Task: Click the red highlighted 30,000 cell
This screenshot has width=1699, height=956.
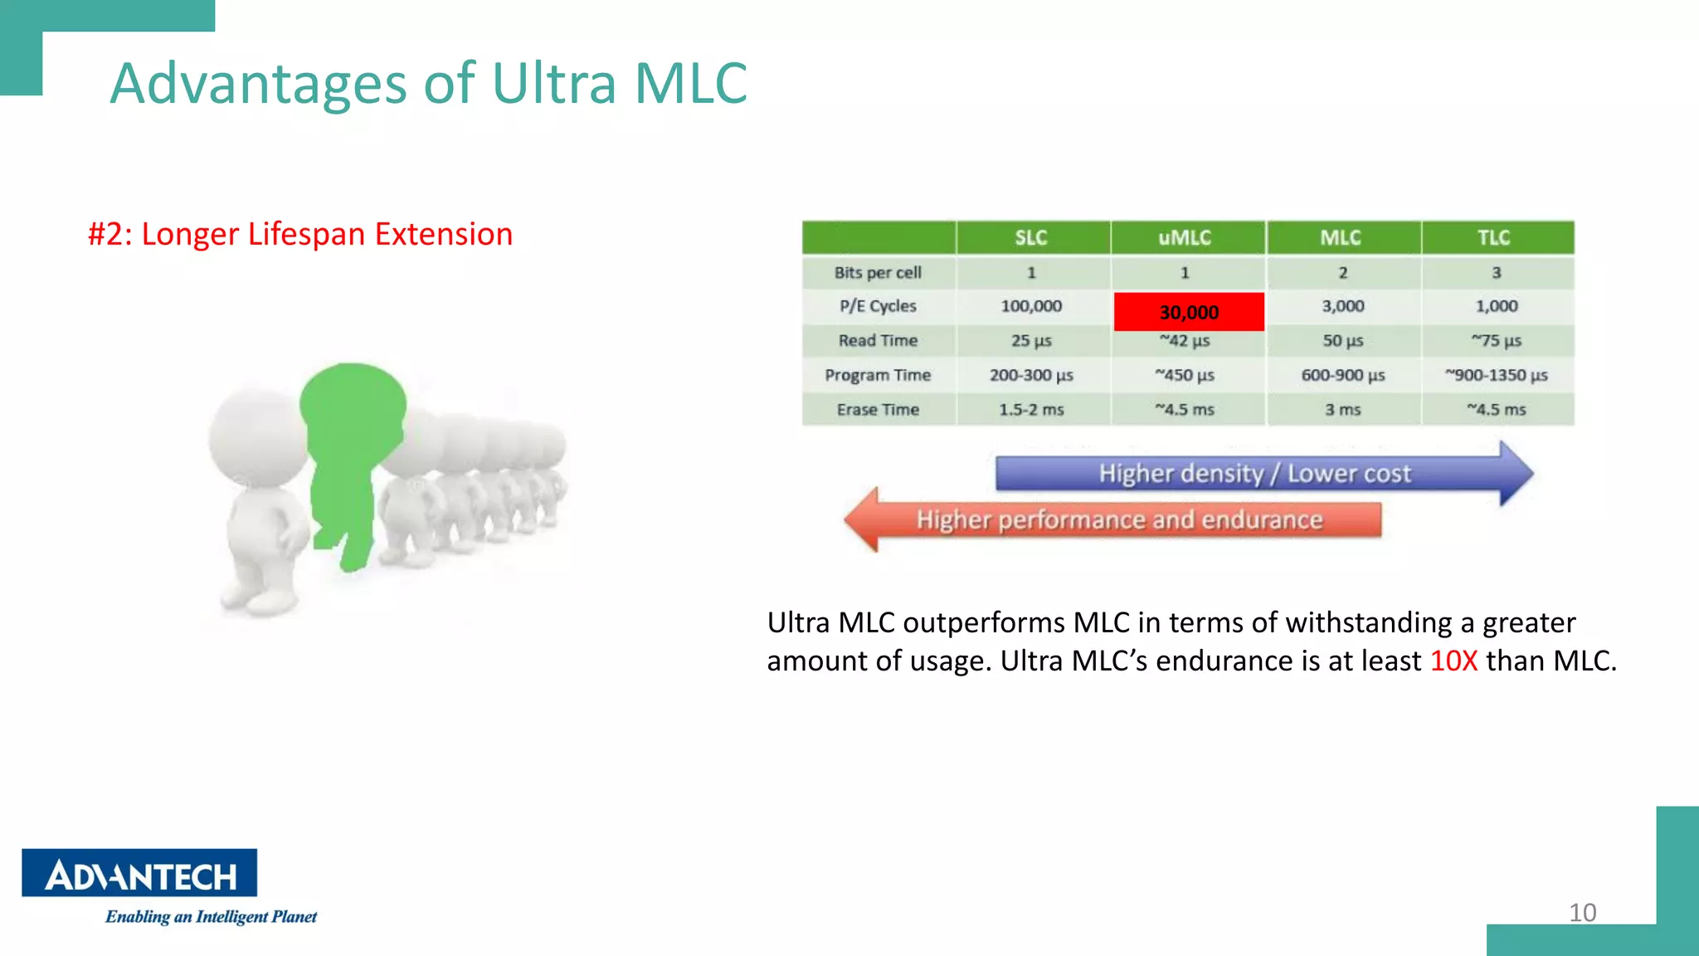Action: click(x=1188, y=312)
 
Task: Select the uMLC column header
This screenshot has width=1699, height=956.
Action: click(x=1185, y=238)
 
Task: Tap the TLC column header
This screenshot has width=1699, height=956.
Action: click(x=1494, y=238)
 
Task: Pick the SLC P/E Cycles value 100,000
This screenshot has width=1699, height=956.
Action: click(x=1031, y=306)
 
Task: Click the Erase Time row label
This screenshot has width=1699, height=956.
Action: click(x=878, y=410)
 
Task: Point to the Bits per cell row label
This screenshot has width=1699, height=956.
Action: click(x=878, y=273)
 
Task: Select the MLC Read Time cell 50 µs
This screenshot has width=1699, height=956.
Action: click(x=1342, y=341)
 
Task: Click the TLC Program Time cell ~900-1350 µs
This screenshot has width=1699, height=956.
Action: click(x=1496, y=375)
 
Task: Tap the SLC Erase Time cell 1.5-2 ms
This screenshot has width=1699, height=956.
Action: click(x=1031, y=410)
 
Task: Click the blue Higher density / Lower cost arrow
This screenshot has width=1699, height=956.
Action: click(x=1254, y=474)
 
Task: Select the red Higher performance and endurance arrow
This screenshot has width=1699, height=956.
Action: click(x=1119, y=520)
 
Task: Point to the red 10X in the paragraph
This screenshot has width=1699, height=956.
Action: click(x=1453, y=661)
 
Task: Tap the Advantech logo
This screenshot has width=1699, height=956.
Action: click(x=139, y=873)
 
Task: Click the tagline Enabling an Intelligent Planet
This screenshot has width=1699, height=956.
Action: click(x=211, y=917)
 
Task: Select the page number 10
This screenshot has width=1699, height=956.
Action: click(x=1582, y=913)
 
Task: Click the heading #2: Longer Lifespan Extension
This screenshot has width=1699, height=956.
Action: click(x=300, y=235)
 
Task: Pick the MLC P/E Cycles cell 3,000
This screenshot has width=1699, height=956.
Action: click(x=1342, y=306)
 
